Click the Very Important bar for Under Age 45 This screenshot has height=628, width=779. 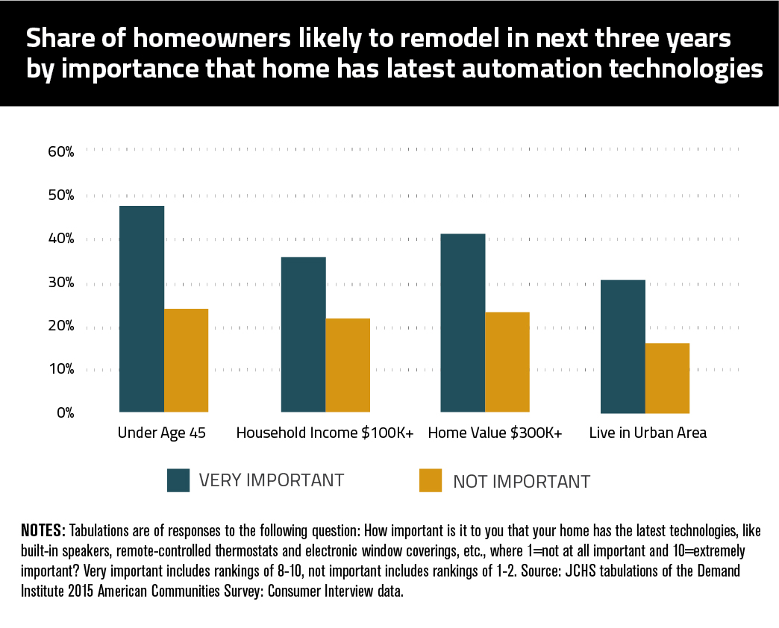[x=142, y=309]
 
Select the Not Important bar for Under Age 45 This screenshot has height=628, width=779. [x=187, y=360]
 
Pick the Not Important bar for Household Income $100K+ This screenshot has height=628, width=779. [x=348, y=365]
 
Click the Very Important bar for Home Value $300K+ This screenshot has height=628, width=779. [x=463, y=323]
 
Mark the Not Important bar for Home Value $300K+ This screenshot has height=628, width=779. [x=507, y=362]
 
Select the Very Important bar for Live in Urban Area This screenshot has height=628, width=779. [x=623, y=346]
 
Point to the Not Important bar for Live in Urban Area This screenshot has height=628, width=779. [x=667, y=378]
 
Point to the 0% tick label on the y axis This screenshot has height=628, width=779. [x=64, y=413]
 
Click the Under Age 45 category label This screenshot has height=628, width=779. [x=162, y=433]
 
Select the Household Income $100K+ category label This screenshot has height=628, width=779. [x=325, y=433]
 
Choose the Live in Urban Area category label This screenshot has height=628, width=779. [x=648, y=433]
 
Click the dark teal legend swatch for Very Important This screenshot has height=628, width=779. [x=179, y=480]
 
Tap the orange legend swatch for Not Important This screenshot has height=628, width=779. [x=431, y=481]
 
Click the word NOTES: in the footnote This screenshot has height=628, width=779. [x=44, y=531]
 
